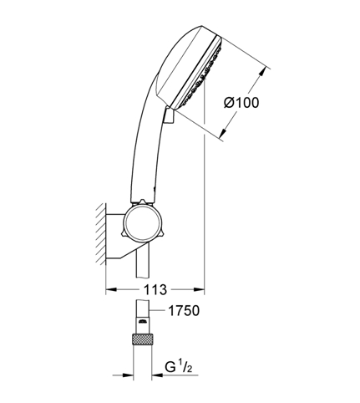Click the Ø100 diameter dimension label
[x=241, y=103]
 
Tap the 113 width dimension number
[x=155, y=290]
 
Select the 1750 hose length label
[x=184, y=310]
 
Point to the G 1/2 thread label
[x=179, y=368]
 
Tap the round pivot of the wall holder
[x=143, y=223]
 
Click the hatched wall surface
[x=101, y=233]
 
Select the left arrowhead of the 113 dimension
[x=111, y=290]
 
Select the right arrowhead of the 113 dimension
[x=200, y=290]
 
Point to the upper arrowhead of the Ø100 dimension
[x=263, y=72]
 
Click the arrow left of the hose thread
[x=128, y=375]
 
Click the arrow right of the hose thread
[x=157, y=375]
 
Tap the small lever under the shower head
[x=169, y=115]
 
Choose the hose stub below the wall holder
[x=143, y=262]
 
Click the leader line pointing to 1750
[x=158, y=310]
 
